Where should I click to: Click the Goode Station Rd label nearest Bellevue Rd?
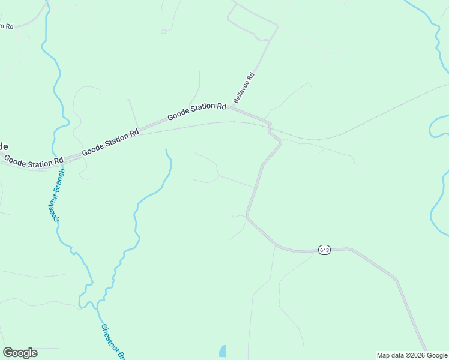pyautogui.click(x=196, y=111)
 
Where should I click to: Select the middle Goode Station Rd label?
pyautogui.click(x=110, y=142)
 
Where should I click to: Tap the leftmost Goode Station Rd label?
pyautogui.click(x=34, y=160)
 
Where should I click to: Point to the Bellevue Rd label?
pyautogui.click(x=244, y=88)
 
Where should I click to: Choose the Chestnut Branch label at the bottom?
pyautogui.click(x=113, y=343)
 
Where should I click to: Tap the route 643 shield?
pyautogui.click(x=324, y=250)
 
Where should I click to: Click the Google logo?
pyautogui.click(x=20, y=353)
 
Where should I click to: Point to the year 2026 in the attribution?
pyautogui.click(x=411, y=355)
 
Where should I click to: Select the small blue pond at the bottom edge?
pyautogui.click(x=223, y=352)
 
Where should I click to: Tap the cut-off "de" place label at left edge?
pyautogui.click(x=4, y=146)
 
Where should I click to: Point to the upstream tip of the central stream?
pyautogui.click(x=166, y=151)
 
